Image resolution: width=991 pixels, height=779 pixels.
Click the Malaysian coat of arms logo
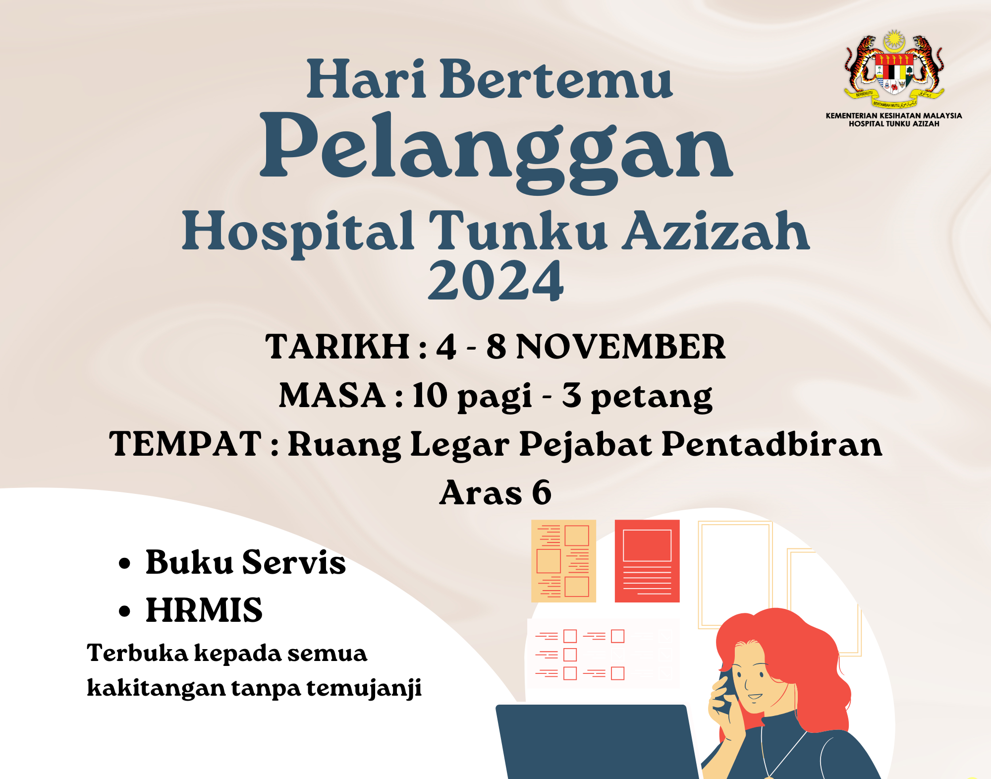click(894, 69)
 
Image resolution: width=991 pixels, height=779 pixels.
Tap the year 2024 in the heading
click(495, 281)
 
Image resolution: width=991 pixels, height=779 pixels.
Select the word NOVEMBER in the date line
click(621, 347)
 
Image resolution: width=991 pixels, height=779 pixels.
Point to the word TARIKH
click(337, 347)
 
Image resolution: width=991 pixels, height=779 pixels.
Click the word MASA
click(332, 395)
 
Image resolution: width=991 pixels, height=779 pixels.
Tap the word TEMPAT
click(185, 444)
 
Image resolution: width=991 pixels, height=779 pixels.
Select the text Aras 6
click(495, 492)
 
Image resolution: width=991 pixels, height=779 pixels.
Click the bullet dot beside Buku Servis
click(124, 564)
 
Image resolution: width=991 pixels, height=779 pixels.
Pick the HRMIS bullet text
click(204, 610)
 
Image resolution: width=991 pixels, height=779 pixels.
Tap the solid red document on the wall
click(647, 561)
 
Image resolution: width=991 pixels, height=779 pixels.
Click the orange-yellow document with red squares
click(563, 561)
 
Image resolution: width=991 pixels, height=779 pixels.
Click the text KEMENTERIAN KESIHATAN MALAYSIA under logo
click(894, 116)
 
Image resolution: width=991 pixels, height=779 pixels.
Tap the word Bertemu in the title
click(556, 79)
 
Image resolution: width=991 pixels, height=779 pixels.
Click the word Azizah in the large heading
click(716, 231)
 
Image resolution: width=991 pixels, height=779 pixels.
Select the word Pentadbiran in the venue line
click(772, 444)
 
